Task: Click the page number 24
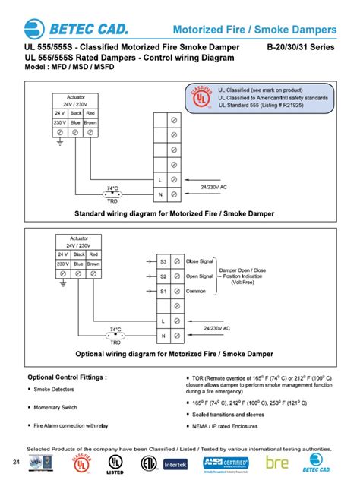point(16,462)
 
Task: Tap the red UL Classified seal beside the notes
point(198,99)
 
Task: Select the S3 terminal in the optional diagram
point(162,261)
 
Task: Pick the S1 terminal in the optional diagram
point(162,292)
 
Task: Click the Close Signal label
point(201,261)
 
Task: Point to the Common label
point(197,292)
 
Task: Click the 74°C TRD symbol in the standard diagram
point(112,194)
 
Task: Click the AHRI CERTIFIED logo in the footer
point(227,462)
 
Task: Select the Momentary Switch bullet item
point(62,407)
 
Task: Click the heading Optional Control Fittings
point(67,377)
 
